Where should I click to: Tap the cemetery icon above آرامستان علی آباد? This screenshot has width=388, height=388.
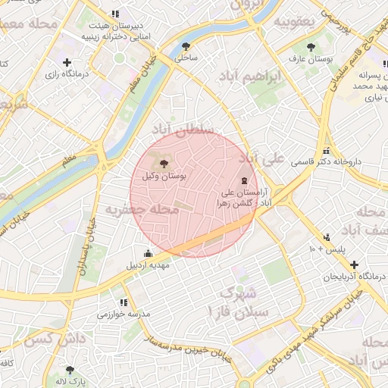[x=243, y=181]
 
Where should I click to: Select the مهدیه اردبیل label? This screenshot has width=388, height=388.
[x=148, y=265]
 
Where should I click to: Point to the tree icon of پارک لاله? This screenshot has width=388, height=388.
[x=70, y=370]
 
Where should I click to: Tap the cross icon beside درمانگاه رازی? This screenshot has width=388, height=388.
[x=67, y=62]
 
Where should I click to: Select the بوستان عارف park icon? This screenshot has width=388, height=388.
[x=311, y=46]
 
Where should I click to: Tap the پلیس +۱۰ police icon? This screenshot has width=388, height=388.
[x=327, y=237]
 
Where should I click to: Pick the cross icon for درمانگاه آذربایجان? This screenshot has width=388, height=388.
[x=354, y=264]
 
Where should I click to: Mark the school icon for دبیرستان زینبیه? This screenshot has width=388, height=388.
[x=114, y=14]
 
